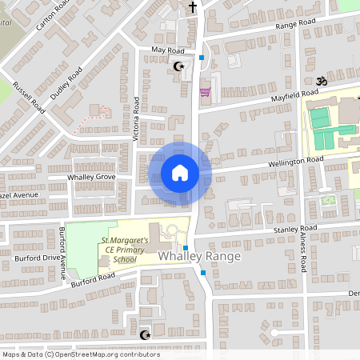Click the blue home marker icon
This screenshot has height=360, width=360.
click(x=180, y=173)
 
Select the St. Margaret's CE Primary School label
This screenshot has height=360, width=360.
click(x=124, y=249)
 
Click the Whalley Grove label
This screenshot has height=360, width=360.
click(x=92, y=177)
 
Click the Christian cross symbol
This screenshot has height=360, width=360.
click(x=192, y=7)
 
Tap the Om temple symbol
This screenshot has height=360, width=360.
click(x=324, y=81)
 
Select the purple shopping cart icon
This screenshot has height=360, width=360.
click(x=204, y=93)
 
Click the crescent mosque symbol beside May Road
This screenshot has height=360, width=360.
click(x=178, y=66)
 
